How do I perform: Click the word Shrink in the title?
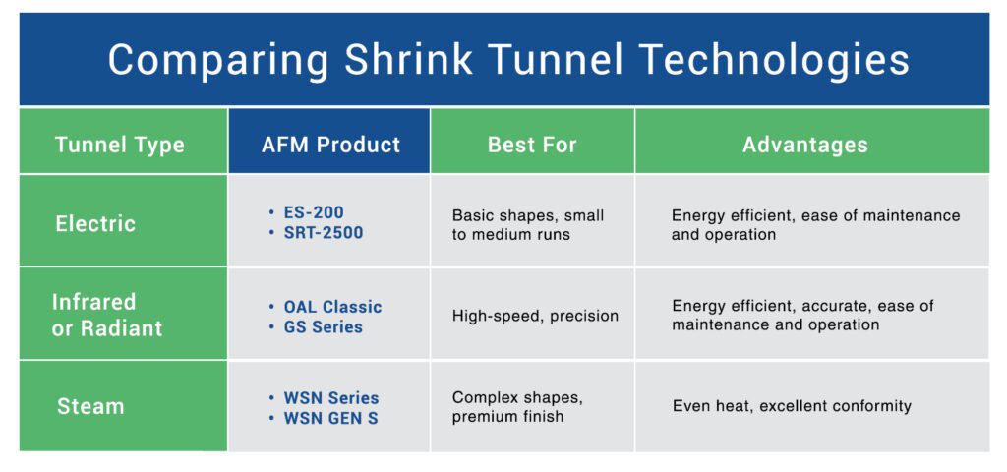tap(408, 60)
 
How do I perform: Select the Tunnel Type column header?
tap(120, 145)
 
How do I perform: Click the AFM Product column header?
tap(330, 145)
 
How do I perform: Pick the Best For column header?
tap(532, 145)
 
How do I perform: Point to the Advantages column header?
tap(805, 145)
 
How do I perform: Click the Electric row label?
tap(95, 224)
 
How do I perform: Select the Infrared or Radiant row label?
tap(107, 316)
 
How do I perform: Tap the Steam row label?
tap(90, 406)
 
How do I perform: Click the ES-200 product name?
tap(314, 212)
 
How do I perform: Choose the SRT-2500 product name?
tap(324, 232)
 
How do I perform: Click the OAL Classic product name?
tap(332, 307)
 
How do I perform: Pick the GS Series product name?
tap(323, 326)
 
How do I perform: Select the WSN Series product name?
tap(331, 398)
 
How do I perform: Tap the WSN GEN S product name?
tap(330, 419)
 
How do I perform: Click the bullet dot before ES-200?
tap(271, 212)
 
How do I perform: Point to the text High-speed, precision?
tap(536, 316)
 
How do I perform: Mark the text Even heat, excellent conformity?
tap(792, 406)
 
